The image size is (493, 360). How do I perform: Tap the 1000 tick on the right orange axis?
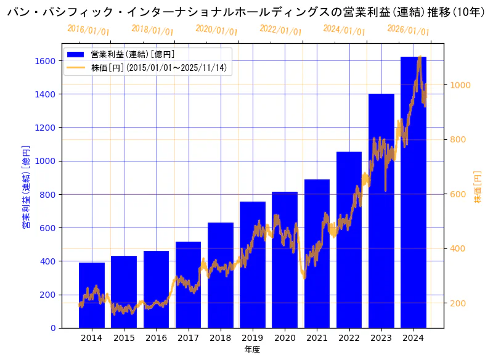460,85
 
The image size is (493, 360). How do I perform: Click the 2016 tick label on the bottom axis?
156,338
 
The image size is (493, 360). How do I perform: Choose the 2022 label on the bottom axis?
349,338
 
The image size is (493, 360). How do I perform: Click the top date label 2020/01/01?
216,30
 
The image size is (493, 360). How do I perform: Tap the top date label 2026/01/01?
408,30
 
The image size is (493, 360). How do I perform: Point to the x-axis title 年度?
252,350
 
